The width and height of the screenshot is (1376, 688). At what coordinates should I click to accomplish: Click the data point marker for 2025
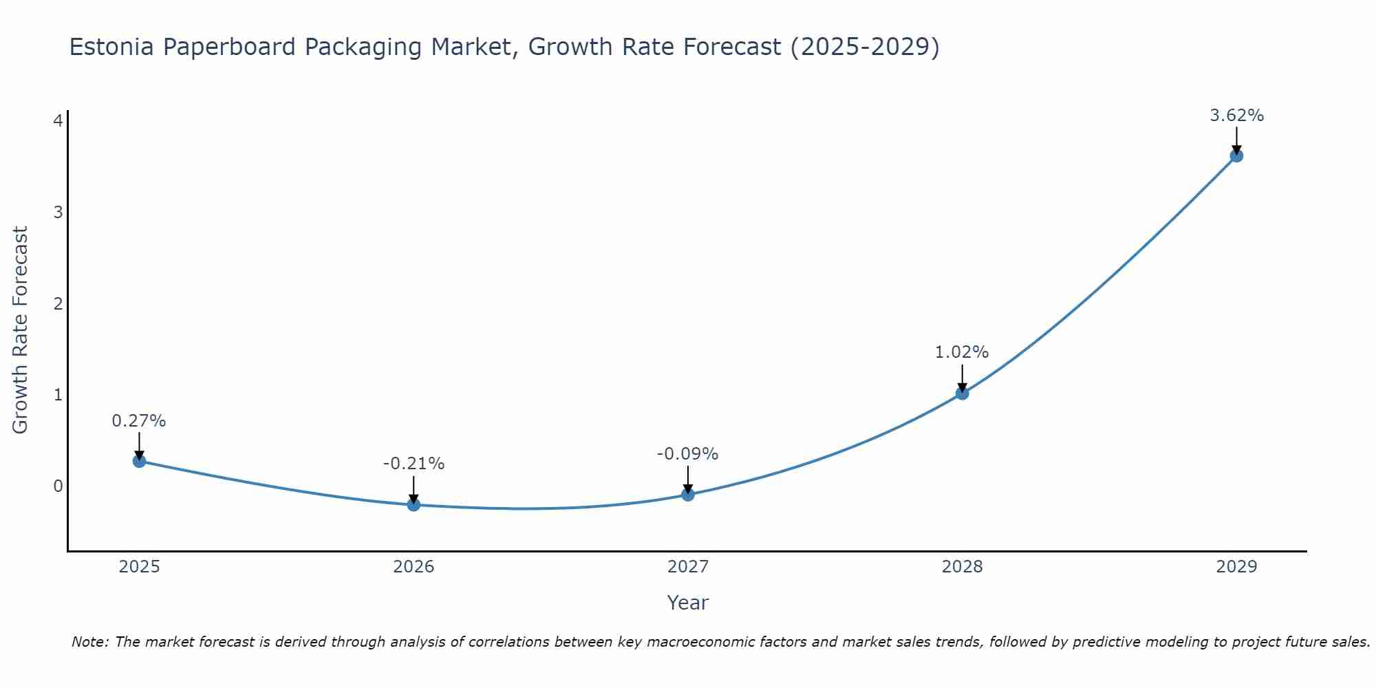[139, 461]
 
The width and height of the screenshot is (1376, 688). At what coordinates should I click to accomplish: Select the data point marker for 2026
[413, 505]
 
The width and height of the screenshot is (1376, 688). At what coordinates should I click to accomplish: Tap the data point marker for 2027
[688, 494]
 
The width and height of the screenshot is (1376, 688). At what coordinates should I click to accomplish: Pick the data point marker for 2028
[962, 393]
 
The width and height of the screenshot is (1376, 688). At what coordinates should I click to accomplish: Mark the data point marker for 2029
[1236, 155]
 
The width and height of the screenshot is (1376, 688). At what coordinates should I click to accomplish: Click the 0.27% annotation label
[139, 421]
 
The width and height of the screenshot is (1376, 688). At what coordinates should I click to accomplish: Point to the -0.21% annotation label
[413, 464]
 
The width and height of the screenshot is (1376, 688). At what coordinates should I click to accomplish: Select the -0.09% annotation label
[688, 454]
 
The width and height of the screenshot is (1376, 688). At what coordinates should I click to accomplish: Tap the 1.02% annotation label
[962, 352]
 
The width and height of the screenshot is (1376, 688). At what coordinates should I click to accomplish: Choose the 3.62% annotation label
[1236, 116]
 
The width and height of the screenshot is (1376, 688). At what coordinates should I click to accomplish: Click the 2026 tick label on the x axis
[413, 567]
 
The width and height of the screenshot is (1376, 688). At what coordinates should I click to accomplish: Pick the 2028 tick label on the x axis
[962, 567]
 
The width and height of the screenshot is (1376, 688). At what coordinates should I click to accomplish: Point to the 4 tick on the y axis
[58, 120]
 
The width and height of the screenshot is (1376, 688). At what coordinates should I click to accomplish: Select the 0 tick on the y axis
[58, 486]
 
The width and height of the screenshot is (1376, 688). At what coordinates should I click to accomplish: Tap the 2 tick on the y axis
[58, 303]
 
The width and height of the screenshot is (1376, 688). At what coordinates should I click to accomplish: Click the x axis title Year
[688, 603]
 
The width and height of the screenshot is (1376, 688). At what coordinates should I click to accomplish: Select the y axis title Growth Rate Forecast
[21, 330]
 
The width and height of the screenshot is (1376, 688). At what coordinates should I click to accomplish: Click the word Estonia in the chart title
[111, 47]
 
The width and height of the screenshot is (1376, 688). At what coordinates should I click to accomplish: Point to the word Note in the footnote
[89, 642]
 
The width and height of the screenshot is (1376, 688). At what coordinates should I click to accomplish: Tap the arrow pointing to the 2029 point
[1236, 139]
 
